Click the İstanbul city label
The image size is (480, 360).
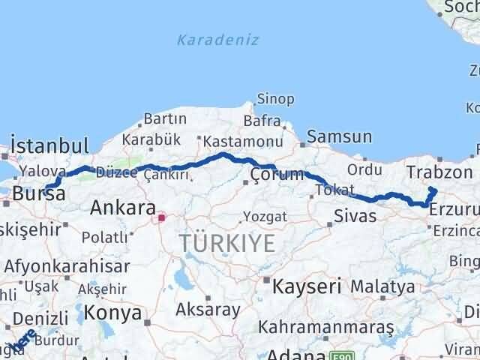[x=49, y=145]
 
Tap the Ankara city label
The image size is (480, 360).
[x=123, y=208]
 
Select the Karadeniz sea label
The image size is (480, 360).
[x=218, y=40]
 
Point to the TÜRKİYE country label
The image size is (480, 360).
[x=227, y=242]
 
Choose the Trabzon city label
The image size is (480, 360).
[x=436, y=172]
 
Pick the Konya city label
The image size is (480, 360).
[x=112, y=312]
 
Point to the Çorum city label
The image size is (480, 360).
[x=277, y=175]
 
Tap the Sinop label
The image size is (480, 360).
[x=275, y=98]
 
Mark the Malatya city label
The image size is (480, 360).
[x=382, y=286]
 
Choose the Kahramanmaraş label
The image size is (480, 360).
[x=326, y=327]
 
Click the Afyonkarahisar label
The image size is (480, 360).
[x=66, y=265]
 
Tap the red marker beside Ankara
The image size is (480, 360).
[x=160, y=218]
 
